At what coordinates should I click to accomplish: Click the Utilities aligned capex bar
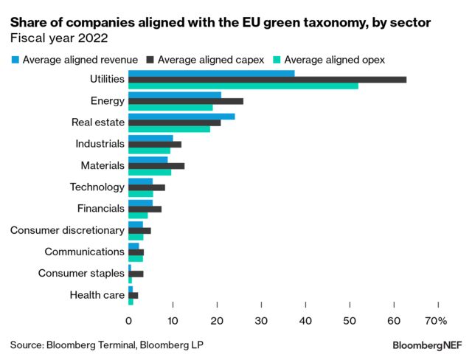(x=267, y=80)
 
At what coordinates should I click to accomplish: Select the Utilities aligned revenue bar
(x=211, y=73)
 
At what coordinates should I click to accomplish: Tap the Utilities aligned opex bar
(x=243, y=86)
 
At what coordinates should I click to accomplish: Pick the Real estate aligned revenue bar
(x=181, y=117)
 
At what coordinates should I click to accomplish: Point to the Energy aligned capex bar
(x=185, y=101)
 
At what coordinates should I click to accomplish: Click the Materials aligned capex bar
(x=156, y=166)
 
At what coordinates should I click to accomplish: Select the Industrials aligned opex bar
(x=149, y=150)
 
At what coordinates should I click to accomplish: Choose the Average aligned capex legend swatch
(x=151, y=59)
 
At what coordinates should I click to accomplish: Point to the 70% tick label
(x=436, y=321)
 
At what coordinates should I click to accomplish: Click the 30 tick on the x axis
(x=261, y=321)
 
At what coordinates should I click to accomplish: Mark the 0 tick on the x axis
(x=128, y=321)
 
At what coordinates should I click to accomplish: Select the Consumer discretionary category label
(x=67, y=230)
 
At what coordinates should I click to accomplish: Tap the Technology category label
(x=97, y=187)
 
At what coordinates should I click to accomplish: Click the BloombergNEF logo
(x=427, y=345)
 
